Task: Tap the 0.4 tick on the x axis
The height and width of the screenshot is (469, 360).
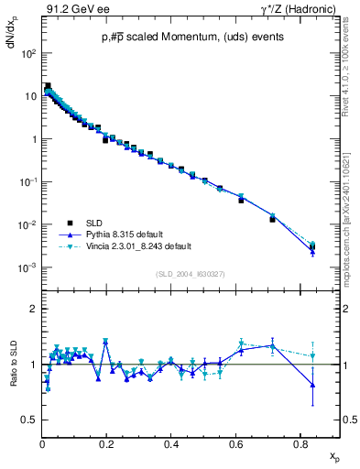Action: click(172, 443)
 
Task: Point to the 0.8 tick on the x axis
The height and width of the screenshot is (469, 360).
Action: click(301, 443)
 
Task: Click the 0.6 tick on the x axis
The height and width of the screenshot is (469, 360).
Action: click(236, 443)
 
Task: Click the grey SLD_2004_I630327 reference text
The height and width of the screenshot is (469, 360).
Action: click(191, 274)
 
